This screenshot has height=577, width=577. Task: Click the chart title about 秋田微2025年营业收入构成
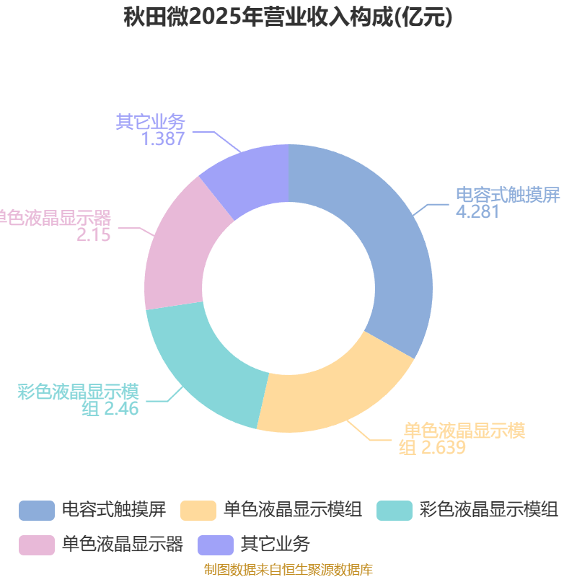click(288, 17)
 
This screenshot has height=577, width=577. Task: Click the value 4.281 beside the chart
click(477, 211)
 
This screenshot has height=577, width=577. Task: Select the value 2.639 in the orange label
click(444, 447)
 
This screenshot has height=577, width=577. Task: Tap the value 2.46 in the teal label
click(121, 408)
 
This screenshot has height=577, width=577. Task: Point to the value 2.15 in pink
click(94, 234)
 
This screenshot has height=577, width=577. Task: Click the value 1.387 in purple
click(163, 138)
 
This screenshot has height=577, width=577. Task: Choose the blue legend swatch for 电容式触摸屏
click(37, 511)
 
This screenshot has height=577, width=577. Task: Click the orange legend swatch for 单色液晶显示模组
click(198, 511)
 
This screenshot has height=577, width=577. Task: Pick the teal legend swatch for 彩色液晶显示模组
click(395, 511)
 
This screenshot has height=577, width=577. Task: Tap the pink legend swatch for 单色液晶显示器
click(37, 545)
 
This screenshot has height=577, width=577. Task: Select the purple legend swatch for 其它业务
click(216, 545)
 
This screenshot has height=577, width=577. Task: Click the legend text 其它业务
click(276, 545)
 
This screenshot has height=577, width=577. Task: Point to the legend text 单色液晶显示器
click(123, 545)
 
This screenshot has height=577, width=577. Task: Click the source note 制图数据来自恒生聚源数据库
click(288, 570)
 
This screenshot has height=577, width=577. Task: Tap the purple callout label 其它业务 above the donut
click(150, 121)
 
